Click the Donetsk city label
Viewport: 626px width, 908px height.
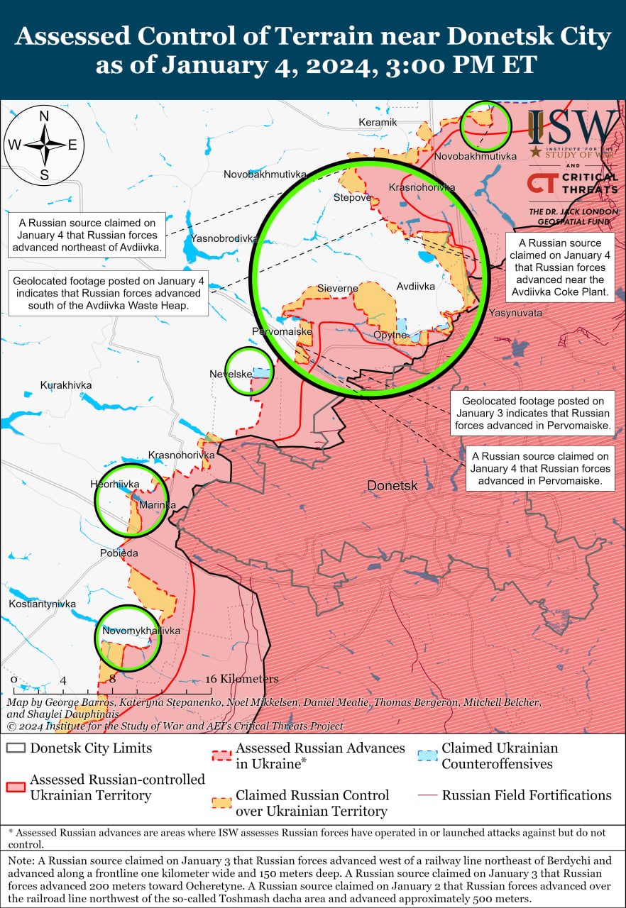coord(392,486)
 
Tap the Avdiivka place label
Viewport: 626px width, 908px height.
coord(415,287)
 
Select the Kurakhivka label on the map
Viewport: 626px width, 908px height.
coord(66,385)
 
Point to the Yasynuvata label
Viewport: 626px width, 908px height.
coord(515,313)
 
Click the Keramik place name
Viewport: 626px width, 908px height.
coord(378,122)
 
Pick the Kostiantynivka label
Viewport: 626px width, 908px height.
coord(42,604)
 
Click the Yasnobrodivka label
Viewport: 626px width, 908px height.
coord(223,238)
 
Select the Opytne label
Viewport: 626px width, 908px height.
coord(390,335)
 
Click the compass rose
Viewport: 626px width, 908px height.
coord(44,145)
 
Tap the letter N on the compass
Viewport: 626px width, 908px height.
coord(44,116)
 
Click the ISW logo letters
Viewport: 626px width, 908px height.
coord(573,128)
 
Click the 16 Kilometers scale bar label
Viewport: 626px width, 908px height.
coord(242,679)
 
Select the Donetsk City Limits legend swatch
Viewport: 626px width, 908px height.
coord(16,748)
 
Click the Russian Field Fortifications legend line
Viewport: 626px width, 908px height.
coord(427,795)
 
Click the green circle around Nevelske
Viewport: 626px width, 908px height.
coord(249,371)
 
